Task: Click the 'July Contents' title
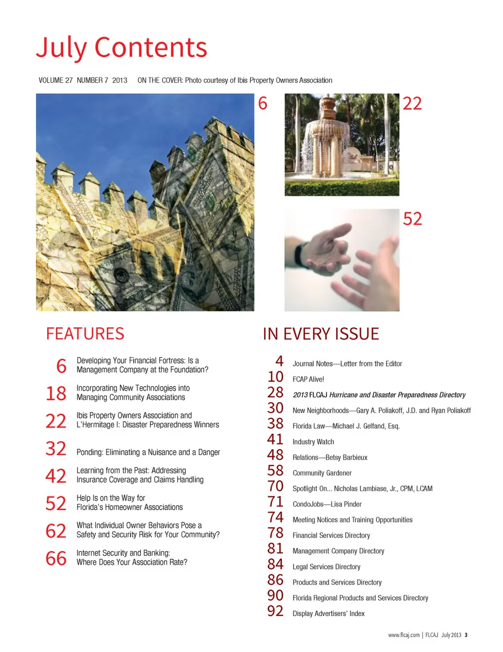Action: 122,48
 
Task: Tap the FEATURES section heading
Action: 85,334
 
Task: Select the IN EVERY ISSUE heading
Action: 321,334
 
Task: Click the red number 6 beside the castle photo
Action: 263,103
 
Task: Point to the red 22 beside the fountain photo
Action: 412,103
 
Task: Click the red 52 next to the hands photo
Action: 412,218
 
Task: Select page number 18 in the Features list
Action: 56,393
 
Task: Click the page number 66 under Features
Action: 56,558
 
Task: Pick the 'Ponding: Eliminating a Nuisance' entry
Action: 148,452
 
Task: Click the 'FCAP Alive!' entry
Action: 308,379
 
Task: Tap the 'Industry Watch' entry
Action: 313,442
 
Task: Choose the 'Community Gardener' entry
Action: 322,473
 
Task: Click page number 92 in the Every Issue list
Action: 275,611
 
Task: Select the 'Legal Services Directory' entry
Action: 326,567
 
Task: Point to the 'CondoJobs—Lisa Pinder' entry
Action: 327,504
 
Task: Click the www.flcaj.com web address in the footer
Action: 403,635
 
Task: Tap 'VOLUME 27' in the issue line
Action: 56,80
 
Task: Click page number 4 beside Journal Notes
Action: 279,361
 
